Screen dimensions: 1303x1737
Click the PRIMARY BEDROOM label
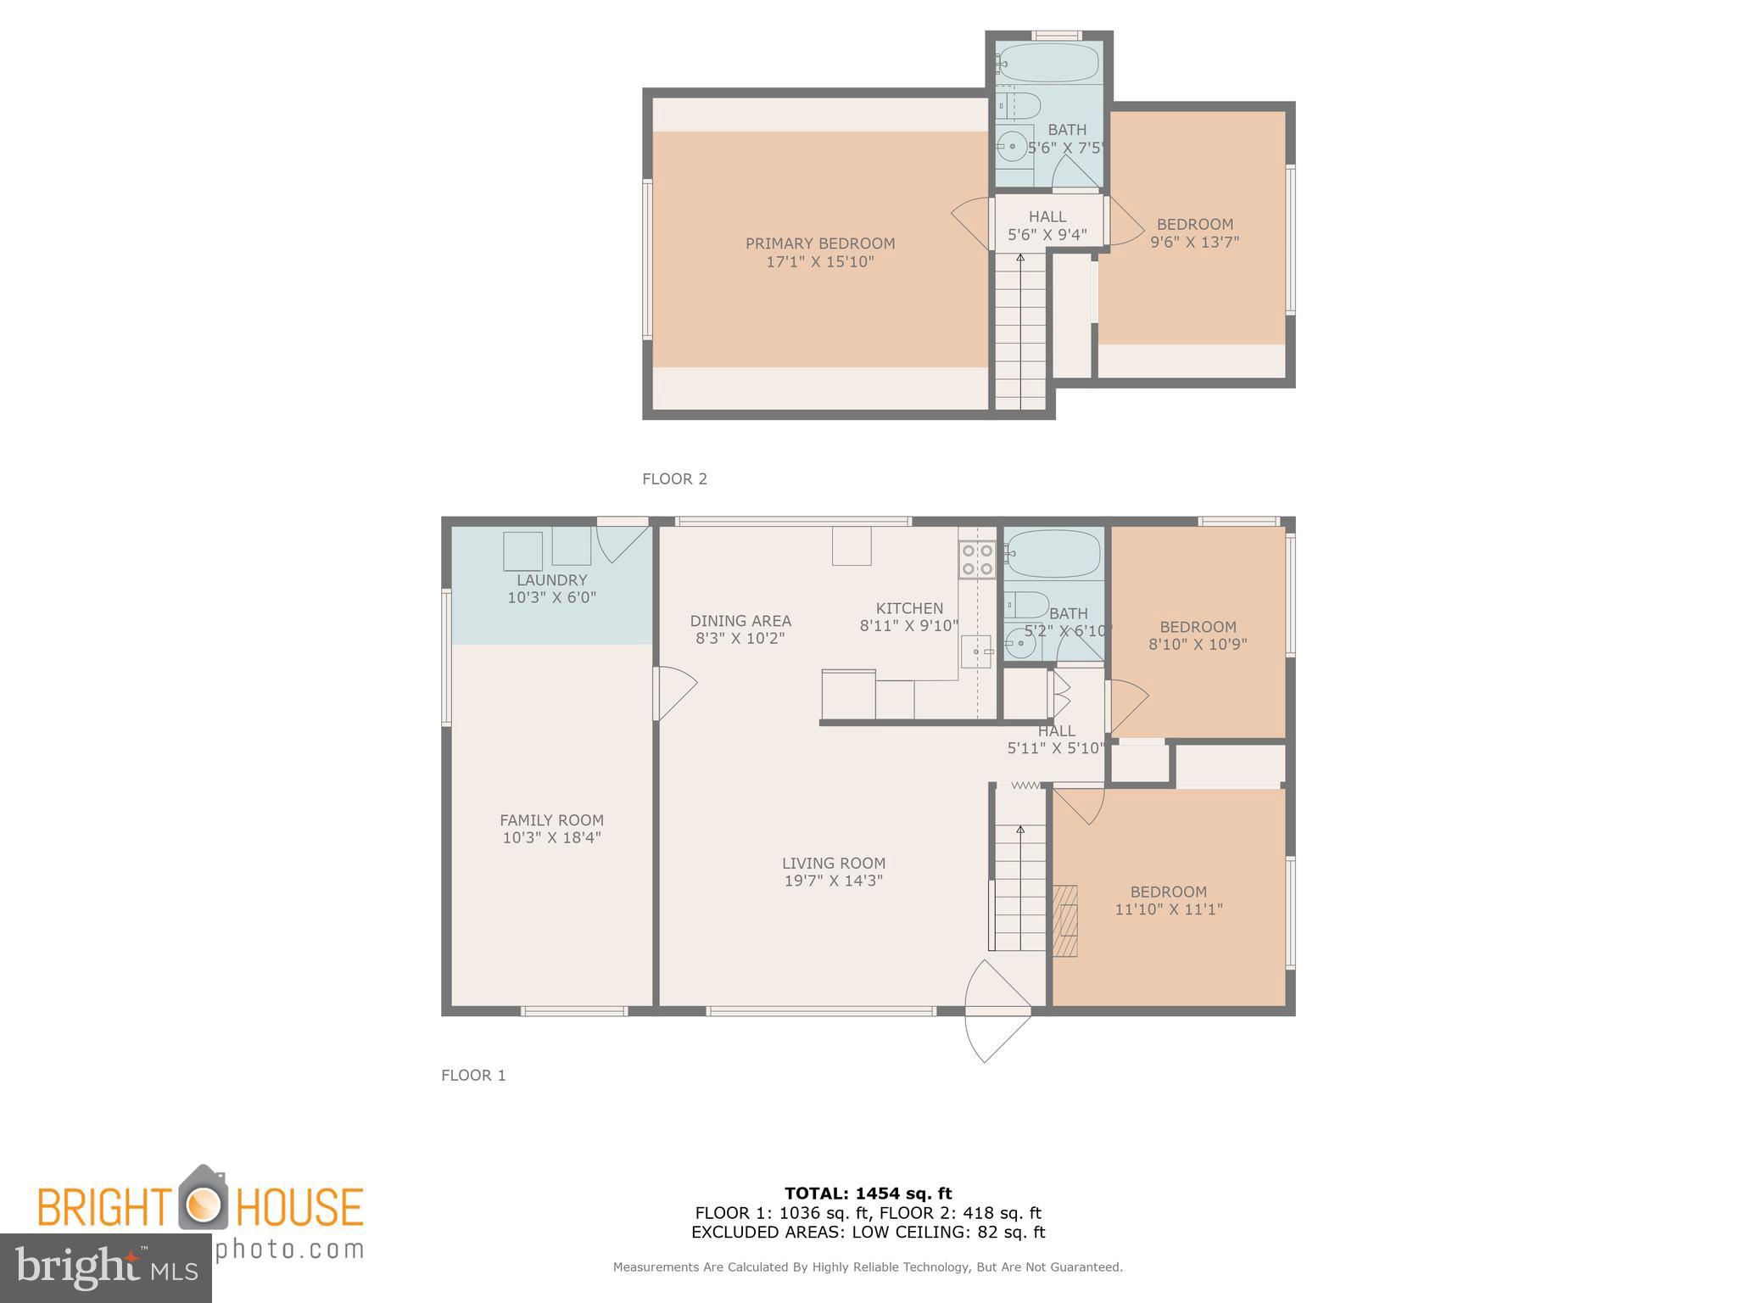click(x=820, y=243)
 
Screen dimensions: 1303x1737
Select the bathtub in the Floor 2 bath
click(x=1049, y=62)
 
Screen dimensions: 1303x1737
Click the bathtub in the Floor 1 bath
click(x=1053, y=553)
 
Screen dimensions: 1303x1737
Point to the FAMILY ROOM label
click(x=551, y=820)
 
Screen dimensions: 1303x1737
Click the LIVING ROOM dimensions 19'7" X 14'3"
click(x=834, y=881)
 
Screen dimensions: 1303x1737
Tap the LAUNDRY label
click(x=552, y=580)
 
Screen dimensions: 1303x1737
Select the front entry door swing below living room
click(x=997, y=1011)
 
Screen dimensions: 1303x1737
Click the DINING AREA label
click(x=740, y=621)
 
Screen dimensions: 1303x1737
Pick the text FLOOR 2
click(x=674, y=478)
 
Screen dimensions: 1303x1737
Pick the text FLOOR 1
click(x=473, y=1075)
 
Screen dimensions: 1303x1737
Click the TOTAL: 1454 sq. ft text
click(x=868, y=1194)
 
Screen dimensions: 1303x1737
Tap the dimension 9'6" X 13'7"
click(x=1194, y=242)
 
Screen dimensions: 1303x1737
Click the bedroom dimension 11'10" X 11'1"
click(x=1168, y=909)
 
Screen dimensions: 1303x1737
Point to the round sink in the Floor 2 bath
click(x=1011, y=146)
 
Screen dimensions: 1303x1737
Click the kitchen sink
click(x=975, y=651)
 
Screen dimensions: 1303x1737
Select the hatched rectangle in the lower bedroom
click(x=1065, y=920)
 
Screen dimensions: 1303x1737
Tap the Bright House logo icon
click(x=203, y=1200)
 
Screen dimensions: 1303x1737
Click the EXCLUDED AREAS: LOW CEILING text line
click(x=868, y=1233)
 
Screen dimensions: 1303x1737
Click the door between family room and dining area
click(x=673, y=693)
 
